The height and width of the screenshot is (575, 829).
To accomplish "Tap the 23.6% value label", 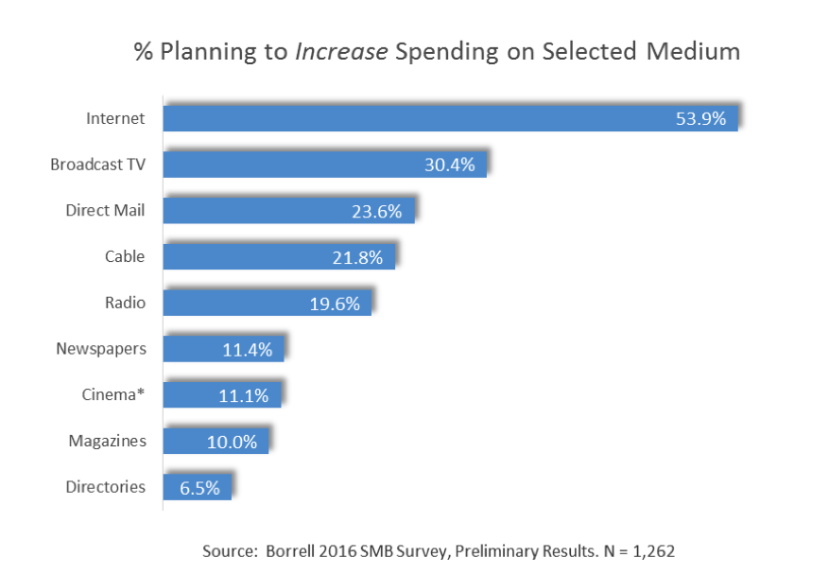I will [377, 211].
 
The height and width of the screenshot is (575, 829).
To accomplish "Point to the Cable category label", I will [125, 256].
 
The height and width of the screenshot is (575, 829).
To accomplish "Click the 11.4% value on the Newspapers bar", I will [247, 350].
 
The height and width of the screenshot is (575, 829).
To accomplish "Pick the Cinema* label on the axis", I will [113, 394].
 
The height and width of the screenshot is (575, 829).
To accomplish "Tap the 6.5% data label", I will [199, 488].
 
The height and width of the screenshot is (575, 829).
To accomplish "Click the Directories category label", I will [106, 487].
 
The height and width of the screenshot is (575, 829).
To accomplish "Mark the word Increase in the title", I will [341, 51].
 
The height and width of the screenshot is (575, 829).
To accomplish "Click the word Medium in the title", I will [693, 51].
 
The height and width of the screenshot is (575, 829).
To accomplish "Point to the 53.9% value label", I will [700, 118].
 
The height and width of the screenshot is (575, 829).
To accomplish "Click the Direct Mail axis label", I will [106, 210].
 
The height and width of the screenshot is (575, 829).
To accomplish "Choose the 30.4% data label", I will [449, 165].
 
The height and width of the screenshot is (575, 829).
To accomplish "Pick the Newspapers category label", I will [101, 349].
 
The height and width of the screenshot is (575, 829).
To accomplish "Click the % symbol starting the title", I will [143, 51].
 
